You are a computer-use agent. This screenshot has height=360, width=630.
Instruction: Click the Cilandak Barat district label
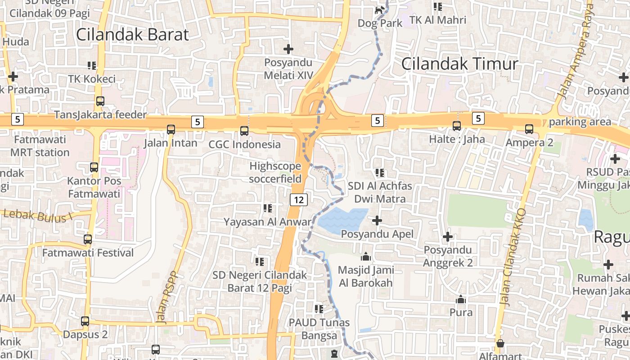tap(132, 35)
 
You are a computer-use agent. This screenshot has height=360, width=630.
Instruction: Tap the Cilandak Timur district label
tap(459, 63)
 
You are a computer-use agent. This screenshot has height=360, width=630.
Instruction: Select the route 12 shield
tap(298, 199)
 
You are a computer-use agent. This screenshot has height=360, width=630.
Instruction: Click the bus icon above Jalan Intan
tap(171, 130)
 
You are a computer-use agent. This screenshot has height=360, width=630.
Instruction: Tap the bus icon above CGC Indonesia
tap(244, 131)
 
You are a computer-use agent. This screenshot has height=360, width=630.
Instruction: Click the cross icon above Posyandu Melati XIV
tap(288, 49)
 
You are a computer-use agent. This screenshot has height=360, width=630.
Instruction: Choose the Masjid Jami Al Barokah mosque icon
tap(366, 257)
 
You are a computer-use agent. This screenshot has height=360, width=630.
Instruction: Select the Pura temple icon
tap(461, 299)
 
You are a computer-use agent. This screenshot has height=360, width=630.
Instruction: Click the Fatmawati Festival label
tap(88, 253)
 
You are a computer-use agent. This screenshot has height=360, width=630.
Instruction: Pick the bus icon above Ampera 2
tap(529, 129)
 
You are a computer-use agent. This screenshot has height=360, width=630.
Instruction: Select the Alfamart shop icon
tap(500, 344)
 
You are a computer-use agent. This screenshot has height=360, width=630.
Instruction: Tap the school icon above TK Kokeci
tap(92, 66)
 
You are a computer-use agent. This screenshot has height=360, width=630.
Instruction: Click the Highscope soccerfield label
tap(275, 172)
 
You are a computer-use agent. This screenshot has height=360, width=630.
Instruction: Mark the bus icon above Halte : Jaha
tap(457, 126)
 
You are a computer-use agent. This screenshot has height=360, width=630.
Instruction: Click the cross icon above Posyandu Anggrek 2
tap(448, 237)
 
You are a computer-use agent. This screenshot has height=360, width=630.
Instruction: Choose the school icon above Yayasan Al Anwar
tap(268, 208)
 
